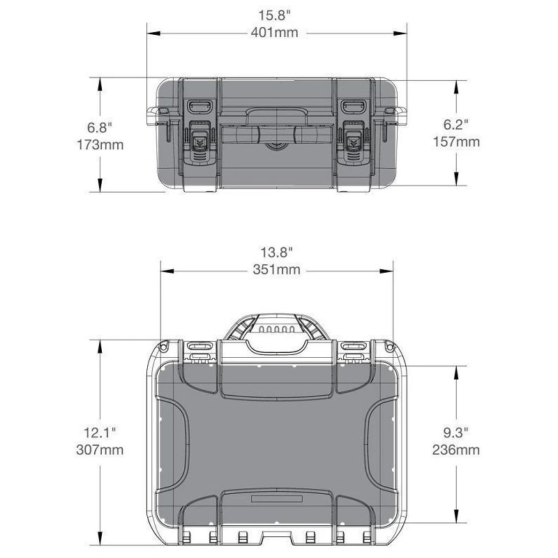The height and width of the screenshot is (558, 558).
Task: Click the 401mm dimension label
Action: click(x=274, y=33)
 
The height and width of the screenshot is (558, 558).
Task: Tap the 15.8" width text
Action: click(x=274, y=15)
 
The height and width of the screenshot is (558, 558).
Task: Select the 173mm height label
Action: click(x=100, y=145)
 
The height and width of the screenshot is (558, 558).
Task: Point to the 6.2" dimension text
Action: click(x=455, y=125)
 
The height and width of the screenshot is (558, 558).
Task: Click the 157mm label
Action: click(x=456, y=142)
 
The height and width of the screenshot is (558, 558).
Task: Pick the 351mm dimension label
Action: click(x=276, y=269)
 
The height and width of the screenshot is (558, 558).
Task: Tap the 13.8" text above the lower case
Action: click(x=276, y=252)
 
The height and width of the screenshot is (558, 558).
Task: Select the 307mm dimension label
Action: click(x=100, y=450)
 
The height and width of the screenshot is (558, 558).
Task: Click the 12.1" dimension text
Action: click(x=100, y=432)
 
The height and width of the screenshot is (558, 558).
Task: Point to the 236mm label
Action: click(x=456, y=450)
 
